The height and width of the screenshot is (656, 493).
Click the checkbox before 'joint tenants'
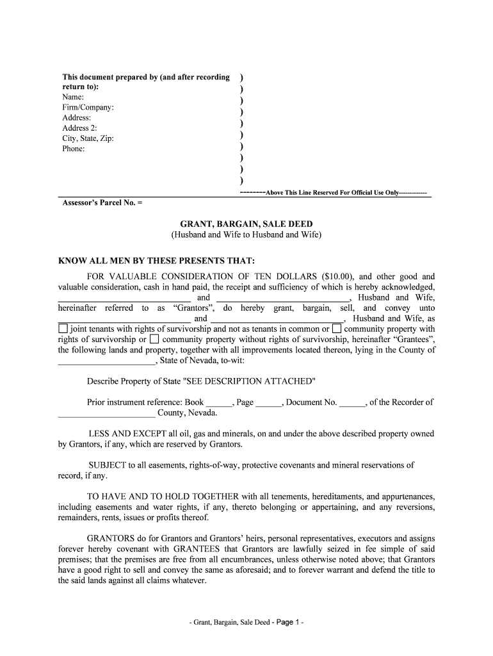coord(63,329)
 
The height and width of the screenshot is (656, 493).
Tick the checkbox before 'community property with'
coord(337,329)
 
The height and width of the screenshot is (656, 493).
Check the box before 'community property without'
coord(154,340)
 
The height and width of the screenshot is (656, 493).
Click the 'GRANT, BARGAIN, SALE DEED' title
coord(247,224)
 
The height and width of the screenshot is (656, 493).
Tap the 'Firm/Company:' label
coord(88,108)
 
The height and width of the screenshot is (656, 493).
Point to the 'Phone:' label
coord(74,149)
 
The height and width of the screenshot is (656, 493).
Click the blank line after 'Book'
coord(218,404)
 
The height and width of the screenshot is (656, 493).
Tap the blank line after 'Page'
coord(268,404)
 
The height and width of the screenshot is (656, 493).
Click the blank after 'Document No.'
coord(352,404)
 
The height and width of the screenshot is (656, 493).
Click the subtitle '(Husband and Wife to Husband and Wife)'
coord(247,234)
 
